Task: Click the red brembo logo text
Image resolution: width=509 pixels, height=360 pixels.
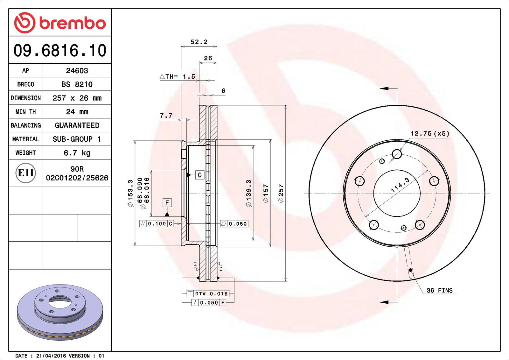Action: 73,23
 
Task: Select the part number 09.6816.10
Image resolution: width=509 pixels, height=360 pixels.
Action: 60,50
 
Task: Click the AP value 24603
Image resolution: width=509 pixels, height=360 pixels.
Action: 77,70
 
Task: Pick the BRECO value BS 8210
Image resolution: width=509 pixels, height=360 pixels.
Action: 77,84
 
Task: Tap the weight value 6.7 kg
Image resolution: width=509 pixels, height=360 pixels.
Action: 77,153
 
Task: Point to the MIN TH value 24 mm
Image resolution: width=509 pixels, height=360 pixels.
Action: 77,112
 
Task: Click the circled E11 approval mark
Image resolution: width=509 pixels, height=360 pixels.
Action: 26,173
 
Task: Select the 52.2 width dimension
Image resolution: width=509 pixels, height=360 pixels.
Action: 199,42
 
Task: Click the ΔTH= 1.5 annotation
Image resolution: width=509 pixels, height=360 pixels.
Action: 178,76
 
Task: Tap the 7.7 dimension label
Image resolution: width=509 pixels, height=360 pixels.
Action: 166,116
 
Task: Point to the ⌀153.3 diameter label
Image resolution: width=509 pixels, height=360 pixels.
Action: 130,193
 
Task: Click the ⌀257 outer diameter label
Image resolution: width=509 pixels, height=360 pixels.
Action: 281,193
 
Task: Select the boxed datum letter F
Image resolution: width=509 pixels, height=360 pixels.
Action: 167,203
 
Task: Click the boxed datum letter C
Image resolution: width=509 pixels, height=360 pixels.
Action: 200,175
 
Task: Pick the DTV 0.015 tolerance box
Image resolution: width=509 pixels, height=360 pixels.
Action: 208,293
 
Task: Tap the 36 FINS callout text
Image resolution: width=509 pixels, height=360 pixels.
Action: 440,290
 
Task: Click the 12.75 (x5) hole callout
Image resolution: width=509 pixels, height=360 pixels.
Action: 430,133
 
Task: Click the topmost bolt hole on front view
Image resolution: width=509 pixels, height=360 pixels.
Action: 397,154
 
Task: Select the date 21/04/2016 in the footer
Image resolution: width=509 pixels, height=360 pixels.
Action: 51,356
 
